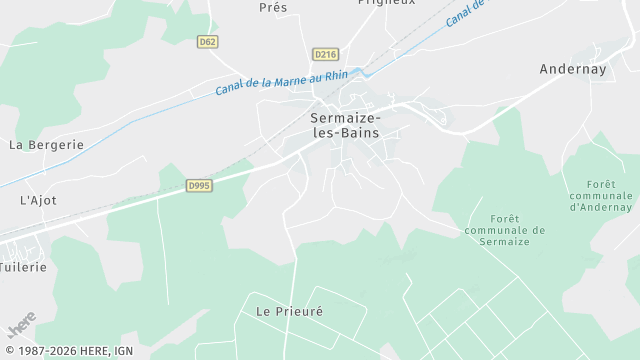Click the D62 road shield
[208, 42]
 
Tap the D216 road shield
[324, 54]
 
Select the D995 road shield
[199, 186]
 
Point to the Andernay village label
[573, 69]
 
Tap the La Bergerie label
[46, 144]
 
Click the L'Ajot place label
[38, 200]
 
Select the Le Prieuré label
[290, 311]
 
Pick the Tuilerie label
[22, 268]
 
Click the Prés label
[273, 7]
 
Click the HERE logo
[21, 328]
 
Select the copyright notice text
[68, 351]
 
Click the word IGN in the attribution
[124, 351]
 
